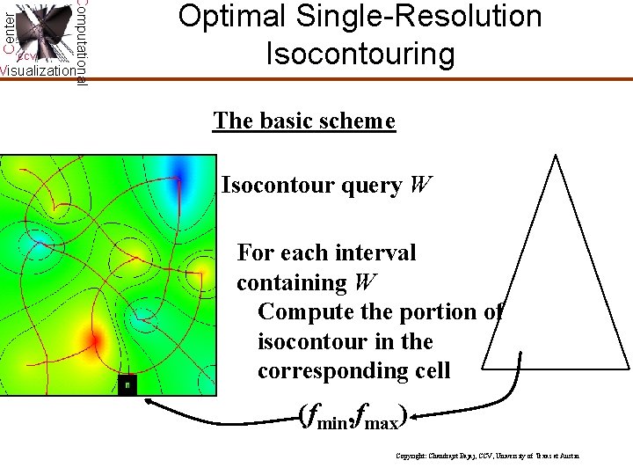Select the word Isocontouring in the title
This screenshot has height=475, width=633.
coord(360,55)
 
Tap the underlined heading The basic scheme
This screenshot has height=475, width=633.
coord(304,121)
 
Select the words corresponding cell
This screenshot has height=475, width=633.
coord(353,371)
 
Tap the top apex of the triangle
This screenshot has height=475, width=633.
coord(555,156)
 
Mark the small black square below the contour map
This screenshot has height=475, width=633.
coord(127,384)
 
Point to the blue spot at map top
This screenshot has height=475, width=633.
coord(182,170)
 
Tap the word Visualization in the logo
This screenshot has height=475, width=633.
coord(37,71)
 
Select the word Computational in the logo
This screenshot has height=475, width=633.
coord(81,42)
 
